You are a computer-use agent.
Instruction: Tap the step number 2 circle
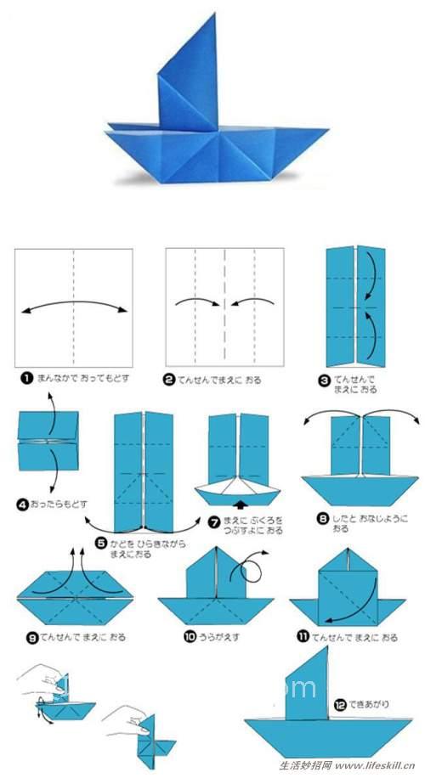pyautogui.click(x=169, y=381)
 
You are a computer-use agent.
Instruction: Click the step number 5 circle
pyautogui.click(x=103, y=543)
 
